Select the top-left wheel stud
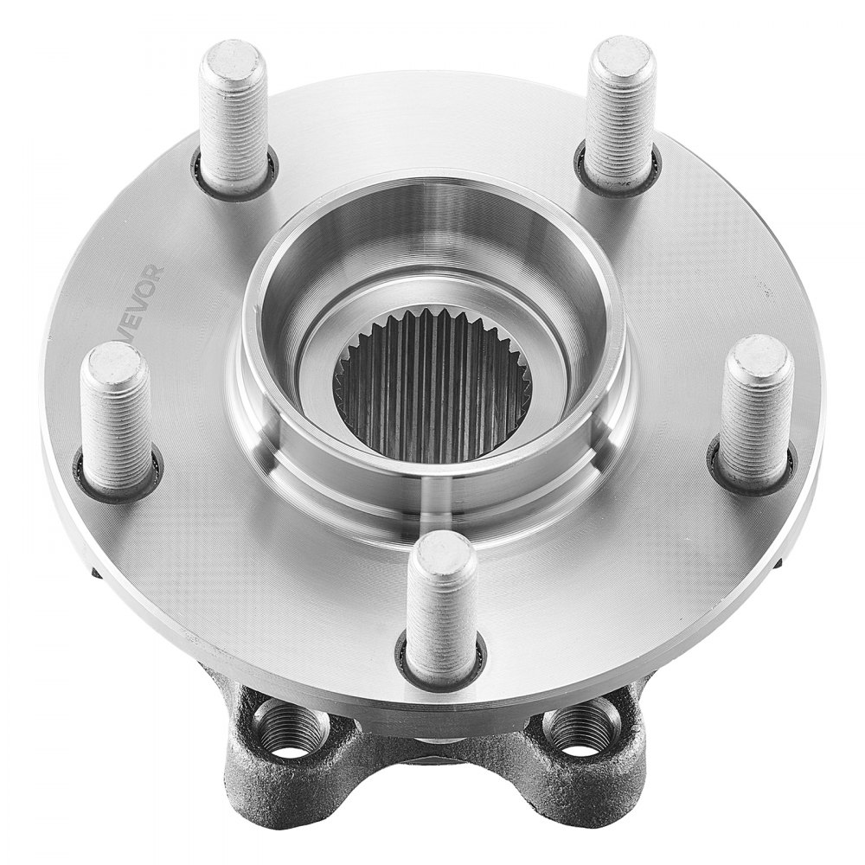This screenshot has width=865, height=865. [231, 121]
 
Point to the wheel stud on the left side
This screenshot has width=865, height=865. [117, 420]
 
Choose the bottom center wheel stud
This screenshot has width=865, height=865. [441, 610]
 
